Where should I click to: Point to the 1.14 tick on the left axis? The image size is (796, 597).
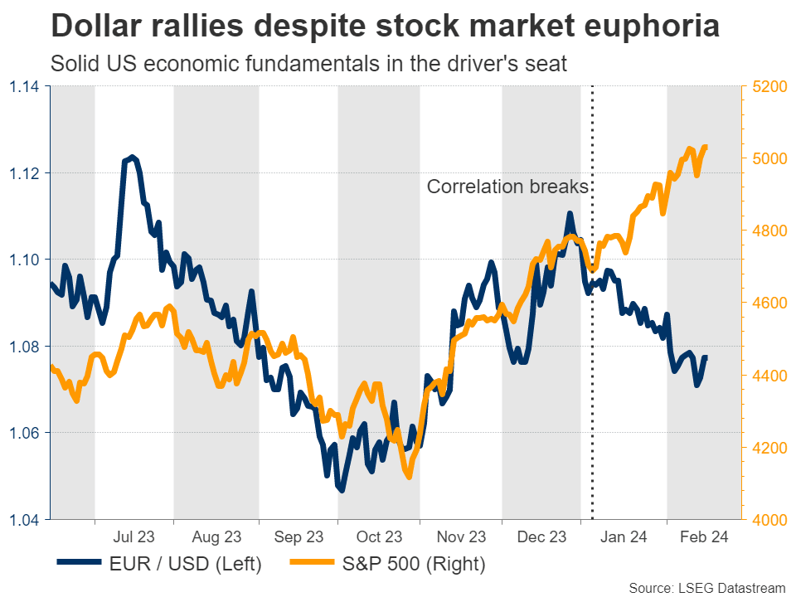25,86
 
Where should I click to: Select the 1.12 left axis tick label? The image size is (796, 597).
25,173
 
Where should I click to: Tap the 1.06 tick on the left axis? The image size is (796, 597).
25,433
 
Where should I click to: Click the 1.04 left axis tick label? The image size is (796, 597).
25,520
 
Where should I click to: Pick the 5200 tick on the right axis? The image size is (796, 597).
768,86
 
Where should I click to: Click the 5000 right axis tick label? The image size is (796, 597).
768,158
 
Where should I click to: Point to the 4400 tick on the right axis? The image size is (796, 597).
768,376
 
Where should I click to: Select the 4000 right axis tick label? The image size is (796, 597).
768,520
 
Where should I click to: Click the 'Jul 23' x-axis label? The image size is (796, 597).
134,537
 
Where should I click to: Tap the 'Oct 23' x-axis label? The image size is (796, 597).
379,537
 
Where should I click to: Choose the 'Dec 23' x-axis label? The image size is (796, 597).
542,537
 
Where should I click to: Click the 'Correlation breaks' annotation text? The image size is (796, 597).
507,187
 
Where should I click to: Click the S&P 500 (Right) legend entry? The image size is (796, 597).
386,565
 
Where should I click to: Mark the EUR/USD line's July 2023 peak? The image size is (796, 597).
131,157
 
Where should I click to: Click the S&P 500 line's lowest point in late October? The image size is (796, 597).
408,476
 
